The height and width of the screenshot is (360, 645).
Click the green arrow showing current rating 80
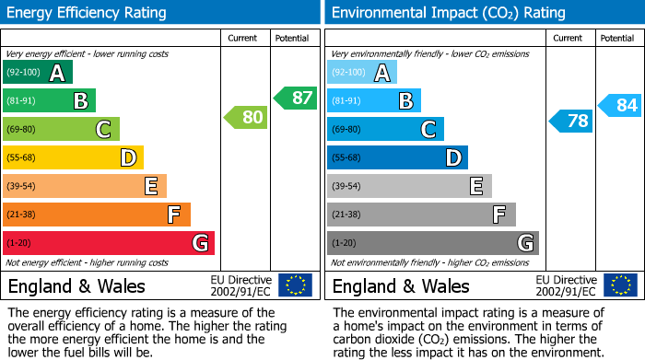245,117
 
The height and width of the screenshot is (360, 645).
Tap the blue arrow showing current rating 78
571,121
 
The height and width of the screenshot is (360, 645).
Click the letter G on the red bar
200,243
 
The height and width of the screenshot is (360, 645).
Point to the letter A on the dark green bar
57,73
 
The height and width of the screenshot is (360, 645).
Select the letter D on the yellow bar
128,158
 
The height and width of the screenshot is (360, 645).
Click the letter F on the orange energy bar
173,215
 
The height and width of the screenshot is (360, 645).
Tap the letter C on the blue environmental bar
428,130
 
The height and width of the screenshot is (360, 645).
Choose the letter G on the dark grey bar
524,243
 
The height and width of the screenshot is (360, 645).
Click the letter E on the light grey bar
475,187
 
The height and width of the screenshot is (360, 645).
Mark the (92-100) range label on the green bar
23,72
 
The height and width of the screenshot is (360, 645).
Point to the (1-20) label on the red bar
18,243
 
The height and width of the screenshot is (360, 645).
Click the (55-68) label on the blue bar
346,158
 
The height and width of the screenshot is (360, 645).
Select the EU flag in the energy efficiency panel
295,285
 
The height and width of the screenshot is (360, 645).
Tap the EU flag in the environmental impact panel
620,285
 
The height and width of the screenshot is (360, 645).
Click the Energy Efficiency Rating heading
88,13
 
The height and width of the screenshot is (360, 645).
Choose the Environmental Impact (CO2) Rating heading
448,13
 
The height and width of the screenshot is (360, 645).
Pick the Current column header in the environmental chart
569,38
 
